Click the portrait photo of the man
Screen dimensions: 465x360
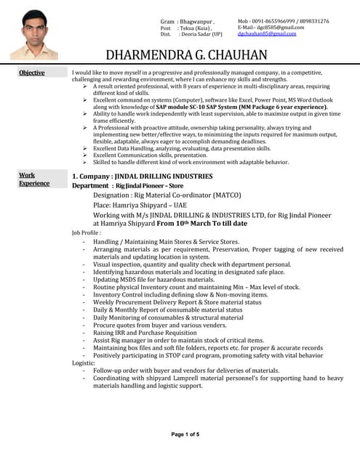click(34, 35)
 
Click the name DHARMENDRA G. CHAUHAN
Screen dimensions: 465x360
click(186, 55)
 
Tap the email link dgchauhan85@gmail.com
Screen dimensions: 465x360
click(267, 34)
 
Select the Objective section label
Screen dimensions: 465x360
click(31, 73)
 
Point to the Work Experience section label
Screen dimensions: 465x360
click(33, 179)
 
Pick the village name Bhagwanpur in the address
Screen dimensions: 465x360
click(197, 22)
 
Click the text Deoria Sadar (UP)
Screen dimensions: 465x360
click(201, 34)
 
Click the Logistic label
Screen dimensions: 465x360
click(84, 363)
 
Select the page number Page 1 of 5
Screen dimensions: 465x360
click(185, 434)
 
